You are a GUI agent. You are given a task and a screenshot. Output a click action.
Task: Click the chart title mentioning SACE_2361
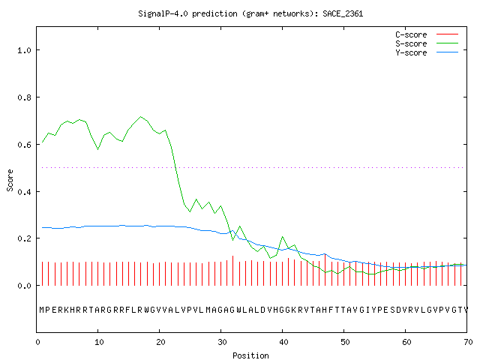(x=250, y=13)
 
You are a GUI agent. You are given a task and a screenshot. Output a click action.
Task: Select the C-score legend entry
(x=427, y=34)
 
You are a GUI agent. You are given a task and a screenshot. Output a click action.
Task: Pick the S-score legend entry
(x=427, y=43)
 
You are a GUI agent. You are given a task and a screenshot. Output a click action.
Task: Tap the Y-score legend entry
(x=427, y=52)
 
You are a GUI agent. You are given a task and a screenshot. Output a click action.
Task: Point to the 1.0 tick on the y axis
(x=24, y=50)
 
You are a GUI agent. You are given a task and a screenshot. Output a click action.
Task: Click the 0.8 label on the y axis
(x=24, y=97)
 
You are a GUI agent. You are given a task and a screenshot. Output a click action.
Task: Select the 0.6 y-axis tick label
(x=24, y=145)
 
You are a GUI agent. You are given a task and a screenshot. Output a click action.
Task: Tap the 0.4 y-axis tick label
(x=24, y=192)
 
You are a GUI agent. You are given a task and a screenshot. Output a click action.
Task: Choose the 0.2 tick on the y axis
(x=24, y=238)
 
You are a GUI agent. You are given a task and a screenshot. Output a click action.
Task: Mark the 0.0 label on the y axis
(x=24, y=286)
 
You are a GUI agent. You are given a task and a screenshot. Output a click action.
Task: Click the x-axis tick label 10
(x=99, y=342)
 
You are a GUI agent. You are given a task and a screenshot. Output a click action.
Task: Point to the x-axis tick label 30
(x=222, y=342)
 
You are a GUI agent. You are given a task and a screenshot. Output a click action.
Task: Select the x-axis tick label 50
(x=345, y=342)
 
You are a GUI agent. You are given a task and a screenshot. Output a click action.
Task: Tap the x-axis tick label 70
(x=468, y=342)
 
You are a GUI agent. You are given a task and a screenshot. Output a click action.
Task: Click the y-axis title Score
(x=10, y=180)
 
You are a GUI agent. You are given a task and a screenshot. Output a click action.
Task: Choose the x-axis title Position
(x=250, y=355)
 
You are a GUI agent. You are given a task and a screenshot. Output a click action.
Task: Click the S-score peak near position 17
(x=140, y=117)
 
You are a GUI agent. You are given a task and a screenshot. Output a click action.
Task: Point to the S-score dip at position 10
(x=97, y=149)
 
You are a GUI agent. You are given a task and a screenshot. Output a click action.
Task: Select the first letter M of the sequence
(x=42, y=310)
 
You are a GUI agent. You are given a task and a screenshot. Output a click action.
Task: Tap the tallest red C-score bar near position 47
(x=325, y=269)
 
